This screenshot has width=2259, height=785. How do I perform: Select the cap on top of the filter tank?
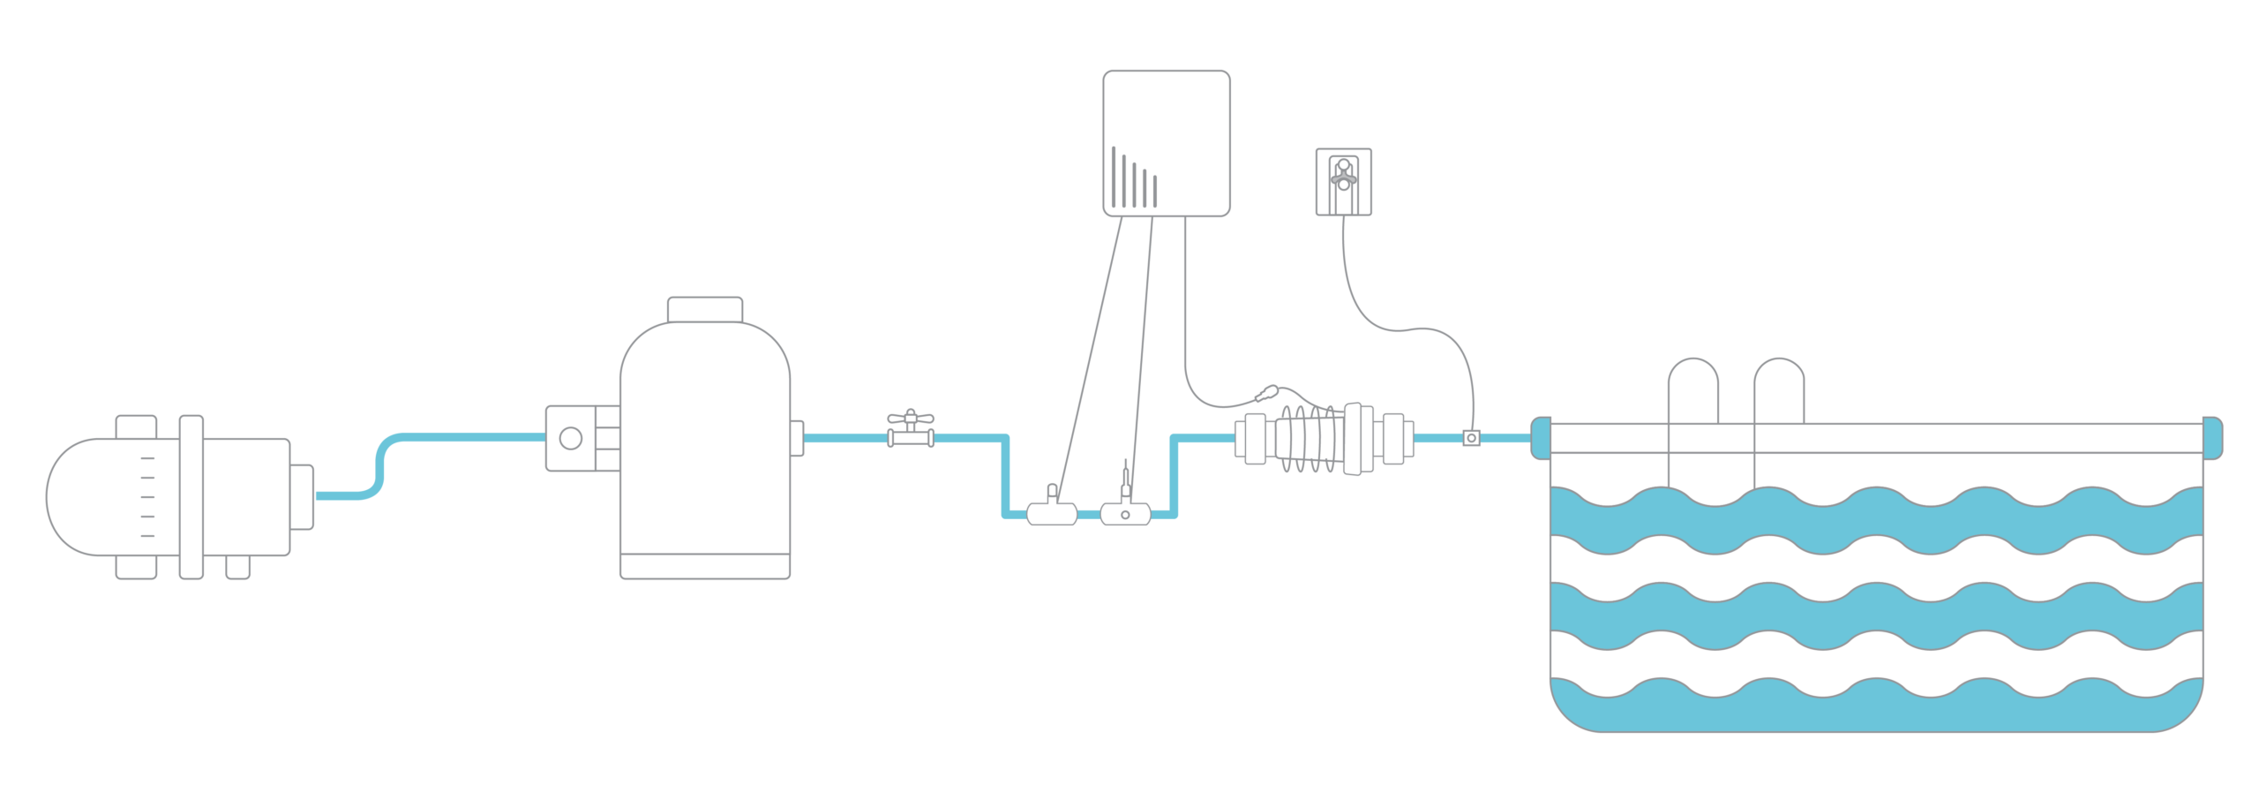click(x=704, y=310)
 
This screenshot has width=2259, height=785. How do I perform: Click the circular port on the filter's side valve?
click(x=571, y=438)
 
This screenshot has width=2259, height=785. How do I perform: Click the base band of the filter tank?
click(x=704, y=565)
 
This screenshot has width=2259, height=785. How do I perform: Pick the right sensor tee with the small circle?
click(x=1125, y=512)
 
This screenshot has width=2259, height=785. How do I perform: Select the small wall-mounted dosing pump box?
click(x=1344, y=181)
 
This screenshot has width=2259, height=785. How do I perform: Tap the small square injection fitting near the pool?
click(x=1470, y=437)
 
